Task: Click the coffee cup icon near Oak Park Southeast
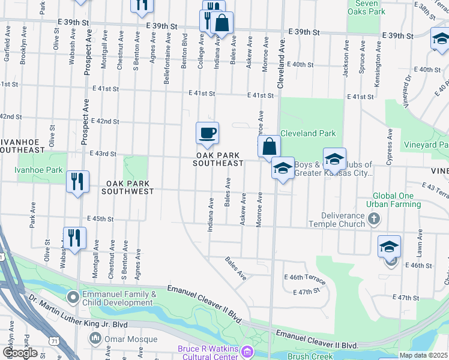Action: [x=207, y=133]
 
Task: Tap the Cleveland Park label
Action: [x=308, y=133]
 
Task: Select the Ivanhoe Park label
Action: [x=39, y=170]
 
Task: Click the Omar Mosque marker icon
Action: [x=95, y=339]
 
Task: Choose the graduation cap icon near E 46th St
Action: [x=389, y=246]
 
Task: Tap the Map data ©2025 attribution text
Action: [x=424, y=355]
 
